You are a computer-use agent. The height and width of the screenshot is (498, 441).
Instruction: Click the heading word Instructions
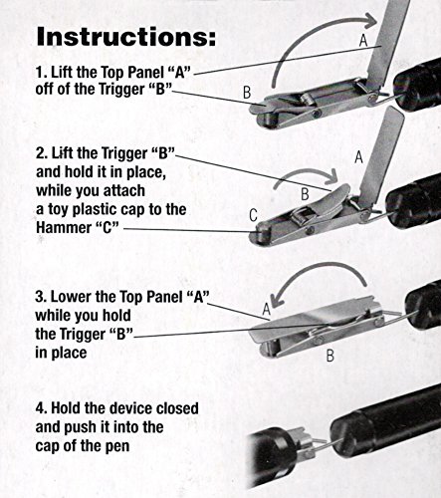click(126, 36)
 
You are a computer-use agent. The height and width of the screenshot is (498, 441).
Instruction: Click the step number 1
click(40, 72)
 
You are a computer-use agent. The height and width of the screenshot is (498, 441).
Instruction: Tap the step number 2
click(41, 153)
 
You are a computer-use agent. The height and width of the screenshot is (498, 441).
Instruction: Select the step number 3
click(40, 297)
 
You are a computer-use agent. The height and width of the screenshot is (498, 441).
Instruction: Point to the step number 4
click(41, 408)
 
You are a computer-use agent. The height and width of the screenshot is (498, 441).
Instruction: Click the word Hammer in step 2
click(63, 228)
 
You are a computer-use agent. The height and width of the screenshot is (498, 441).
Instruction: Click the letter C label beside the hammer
click(253, 215)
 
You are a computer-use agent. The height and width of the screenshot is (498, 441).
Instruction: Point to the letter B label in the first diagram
click(247, 93)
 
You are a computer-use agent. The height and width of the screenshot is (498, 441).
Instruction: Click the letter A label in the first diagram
click(363, 41)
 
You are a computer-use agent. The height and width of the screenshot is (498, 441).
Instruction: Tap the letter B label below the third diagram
click(330, 356)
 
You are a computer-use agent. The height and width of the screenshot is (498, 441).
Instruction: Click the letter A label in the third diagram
click(267, 309)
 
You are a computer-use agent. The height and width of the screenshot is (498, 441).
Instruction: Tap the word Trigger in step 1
click(125, 89)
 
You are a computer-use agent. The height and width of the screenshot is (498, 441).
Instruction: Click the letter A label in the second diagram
click(358, 157)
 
